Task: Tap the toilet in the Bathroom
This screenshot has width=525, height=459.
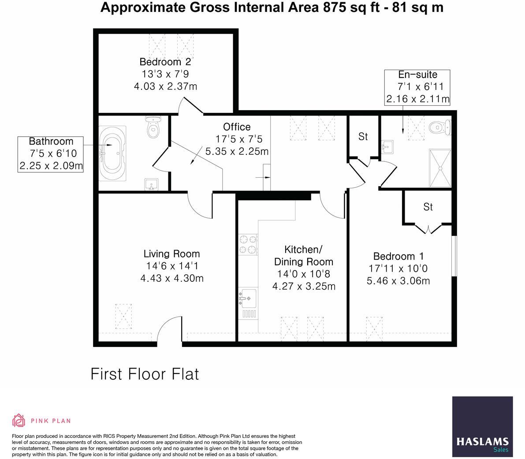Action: tap(153, 127)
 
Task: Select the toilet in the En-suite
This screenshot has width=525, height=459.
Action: tap(440, 127)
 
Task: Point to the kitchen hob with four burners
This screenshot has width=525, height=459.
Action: tap(248, 245)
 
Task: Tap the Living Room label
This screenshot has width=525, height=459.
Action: tap(171, 254)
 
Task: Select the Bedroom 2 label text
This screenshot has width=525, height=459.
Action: tap(165, 62)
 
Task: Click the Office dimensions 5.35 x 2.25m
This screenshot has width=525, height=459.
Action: tap(237, 152)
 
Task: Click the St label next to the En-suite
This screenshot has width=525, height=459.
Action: tap(363, 137)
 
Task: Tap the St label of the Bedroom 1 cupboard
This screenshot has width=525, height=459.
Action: tap(428, 207)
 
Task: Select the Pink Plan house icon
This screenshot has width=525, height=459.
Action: tap(19, 421)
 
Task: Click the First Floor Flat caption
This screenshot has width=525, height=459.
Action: tap(145, 374)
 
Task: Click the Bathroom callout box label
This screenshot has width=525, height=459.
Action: tap(51, 141)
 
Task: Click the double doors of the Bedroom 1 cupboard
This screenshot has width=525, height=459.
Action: tap(428, 228)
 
